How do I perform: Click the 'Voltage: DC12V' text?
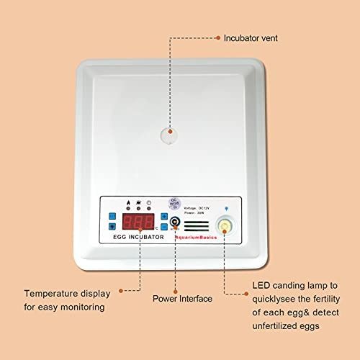click(200, 207)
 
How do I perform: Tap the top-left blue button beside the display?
click(112, 216)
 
